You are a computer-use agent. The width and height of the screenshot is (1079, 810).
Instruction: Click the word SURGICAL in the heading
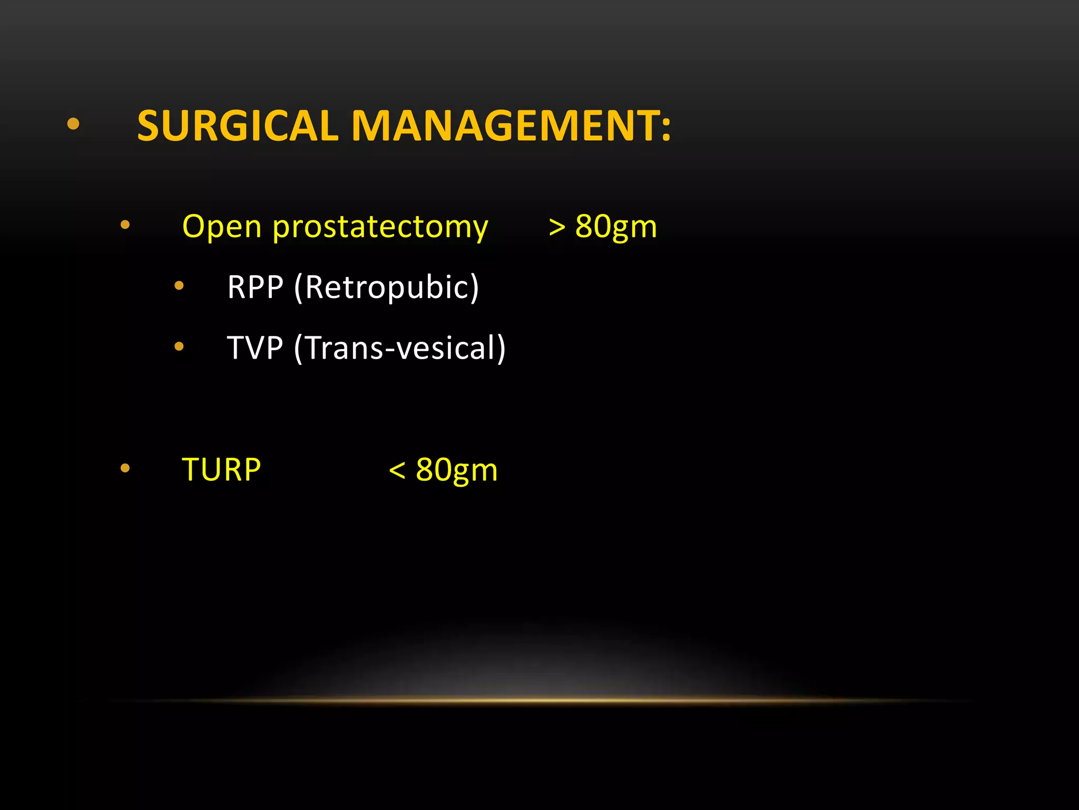click(238, 126)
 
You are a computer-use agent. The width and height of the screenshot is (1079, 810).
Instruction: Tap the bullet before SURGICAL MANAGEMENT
click(73, 124)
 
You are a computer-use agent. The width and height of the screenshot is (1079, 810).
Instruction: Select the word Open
click(222, 227)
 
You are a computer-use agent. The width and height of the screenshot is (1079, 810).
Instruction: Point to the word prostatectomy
click(380, 228)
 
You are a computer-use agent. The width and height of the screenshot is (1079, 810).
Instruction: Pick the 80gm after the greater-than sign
click(616, 227)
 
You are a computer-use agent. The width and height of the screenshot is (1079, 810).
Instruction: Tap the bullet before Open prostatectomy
click(125, 225)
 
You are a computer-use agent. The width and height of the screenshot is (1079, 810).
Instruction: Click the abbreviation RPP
click(256, 287)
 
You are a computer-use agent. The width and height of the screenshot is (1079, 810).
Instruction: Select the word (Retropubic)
click(387, 288)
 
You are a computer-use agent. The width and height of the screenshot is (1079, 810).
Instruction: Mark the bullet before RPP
click(179, 286)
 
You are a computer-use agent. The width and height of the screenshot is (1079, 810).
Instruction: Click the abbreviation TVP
click(255, 348)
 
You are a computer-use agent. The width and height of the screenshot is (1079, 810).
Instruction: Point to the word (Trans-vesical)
click(400, 348)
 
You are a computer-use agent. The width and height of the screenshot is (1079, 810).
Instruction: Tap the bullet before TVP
click(179, 346)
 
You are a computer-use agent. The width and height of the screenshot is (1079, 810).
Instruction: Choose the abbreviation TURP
click(221, 470)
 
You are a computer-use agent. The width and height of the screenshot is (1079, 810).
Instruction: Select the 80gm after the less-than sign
click(456, 470)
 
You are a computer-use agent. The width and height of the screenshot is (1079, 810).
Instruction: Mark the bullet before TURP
click(125, 468)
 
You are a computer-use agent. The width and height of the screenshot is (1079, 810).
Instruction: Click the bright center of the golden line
click(539, 700)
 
